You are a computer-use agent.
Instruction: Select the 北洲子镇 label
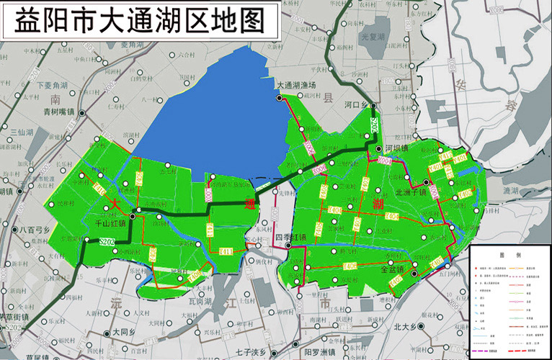(412, 192)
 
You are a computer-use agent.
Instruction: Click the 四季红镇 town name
(291, 236)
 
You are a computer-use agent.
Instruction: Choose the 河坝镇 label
(396, 148)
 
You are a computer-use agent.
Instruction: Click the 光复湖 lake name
(375, 36)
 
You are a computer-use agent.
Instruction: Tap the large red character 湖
(378, 204)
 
